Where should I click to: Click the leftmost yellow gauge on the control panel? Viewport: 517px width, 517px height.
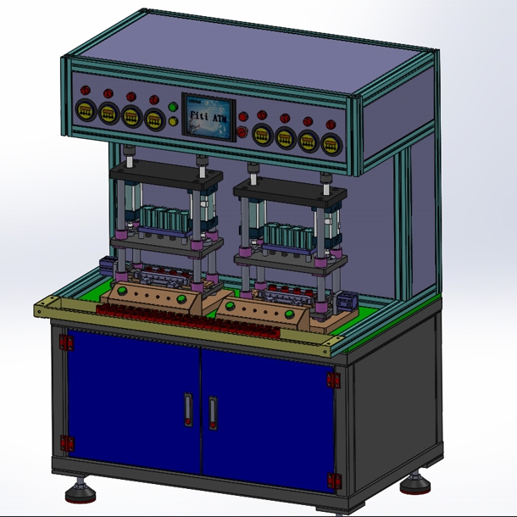85,109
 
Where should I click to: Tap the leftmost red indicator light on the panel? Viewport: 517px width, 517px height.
85,90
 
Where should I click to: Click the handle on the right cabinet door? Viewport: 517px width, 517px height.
213,411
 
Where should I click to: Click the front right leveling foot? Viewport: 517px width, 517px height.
415,483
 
